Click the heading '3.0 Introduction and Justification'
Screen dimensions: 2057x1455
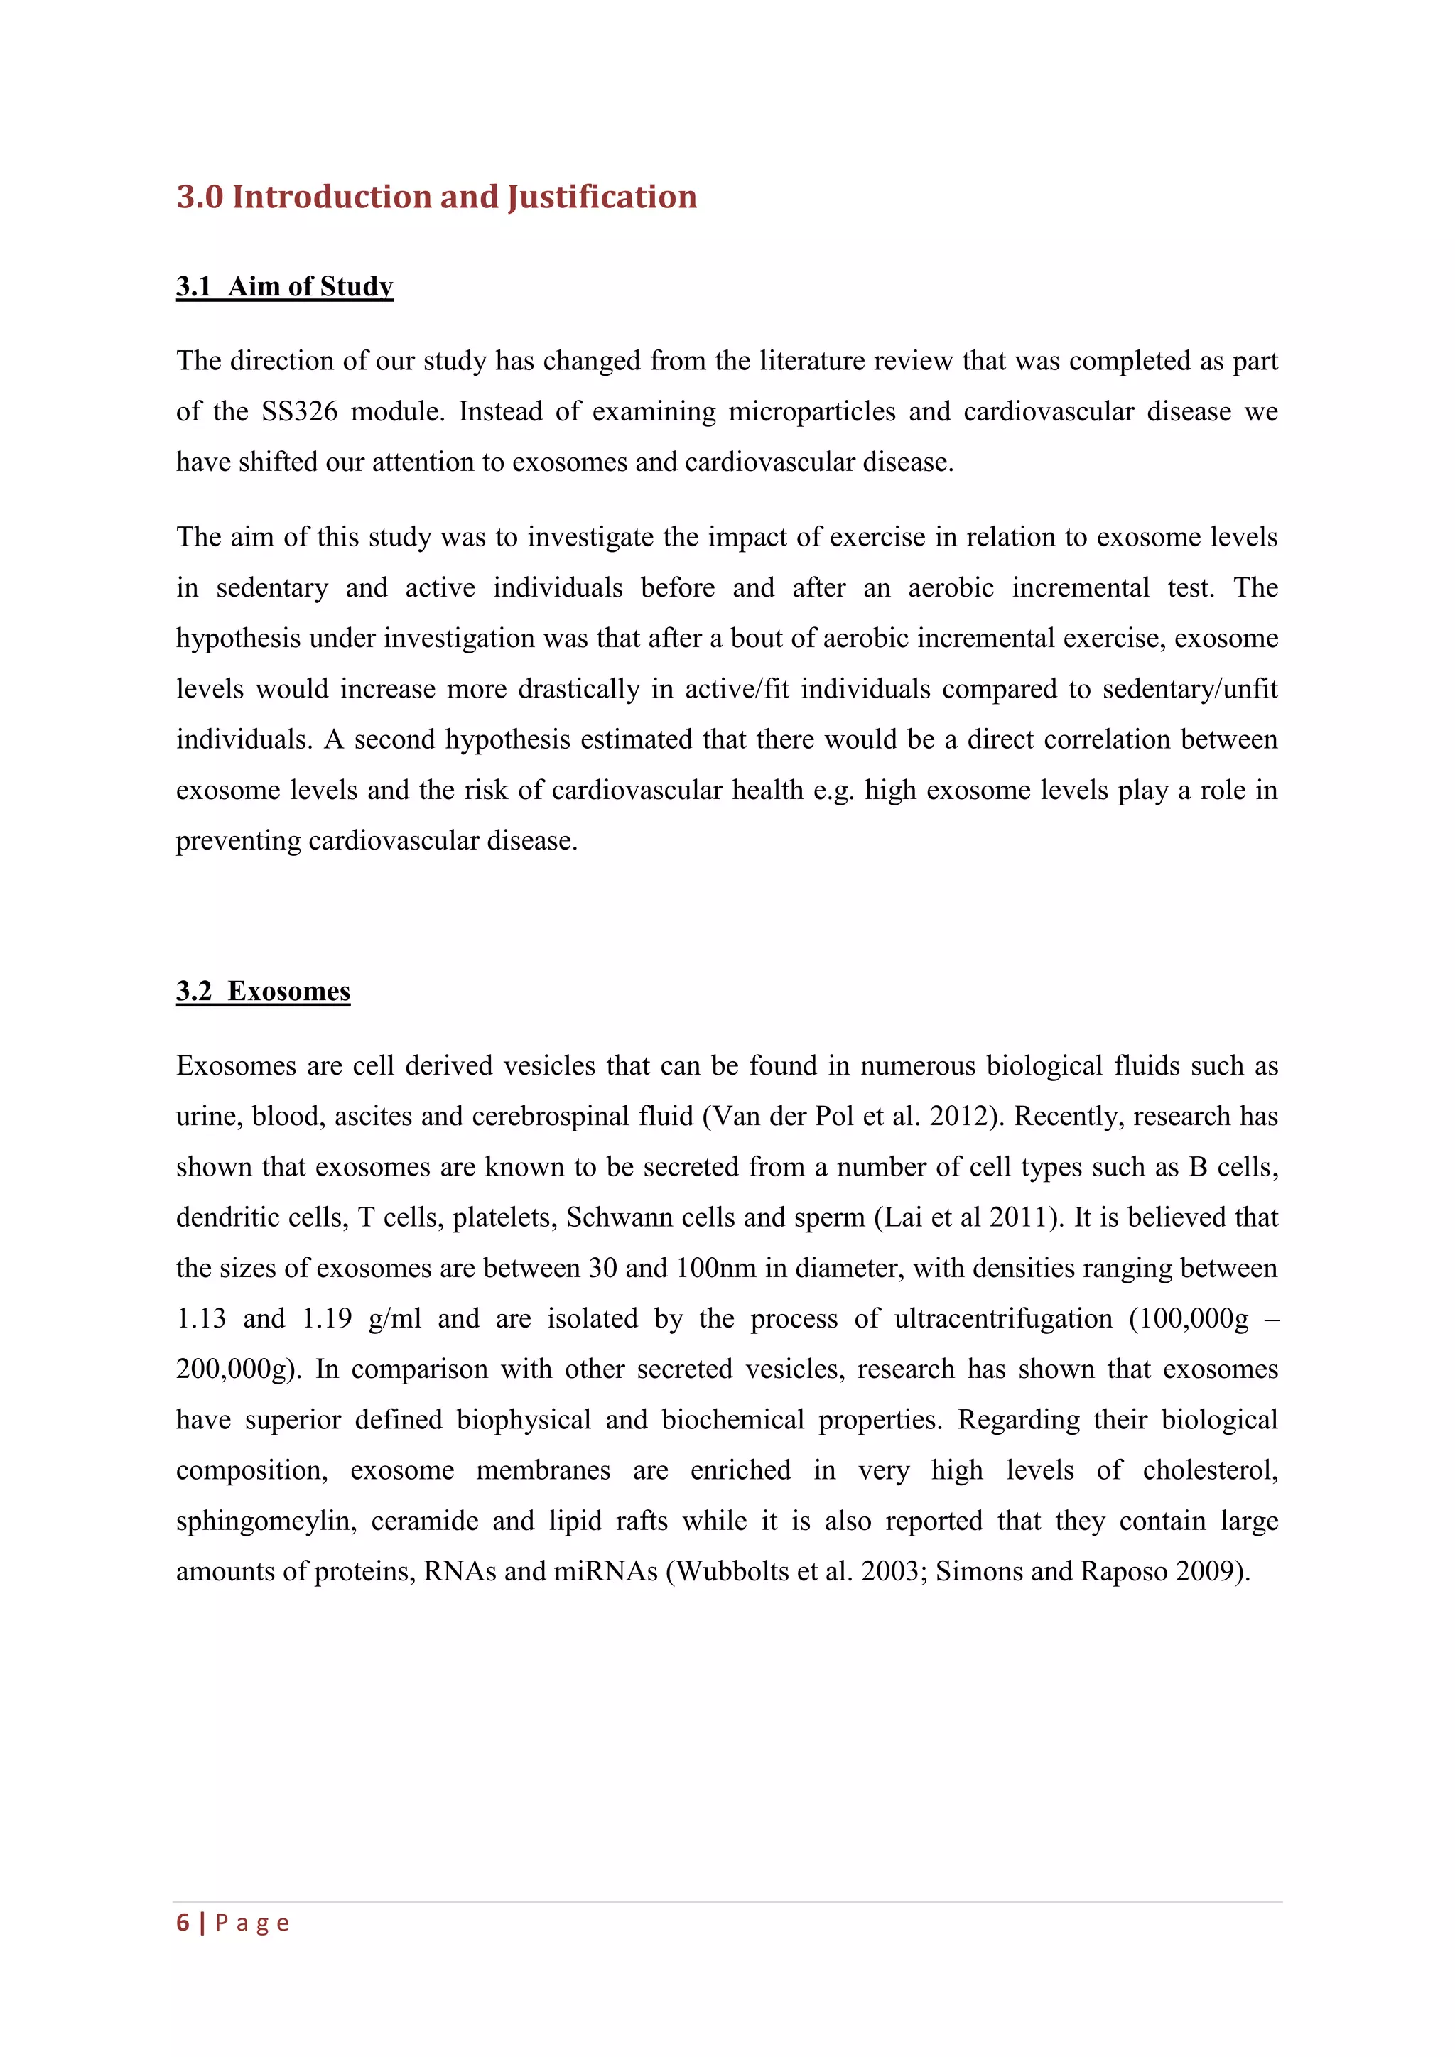click(436, 197)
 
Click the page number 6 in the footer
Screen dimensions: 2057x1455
click(183, 1923)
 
